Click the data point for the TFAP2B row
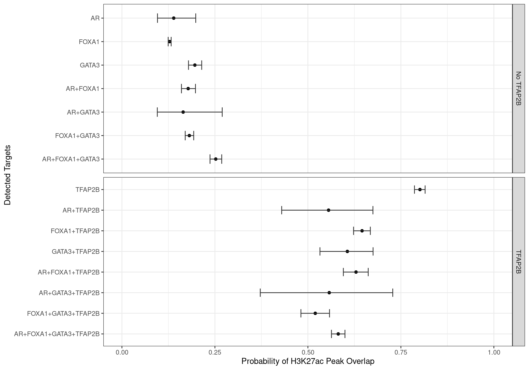420,189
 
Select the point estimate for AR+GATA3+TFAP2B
329,293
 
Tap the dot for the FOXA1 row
170,42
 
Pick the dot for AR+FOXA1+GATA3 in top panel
216,159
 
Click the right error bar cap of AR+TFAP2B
373,210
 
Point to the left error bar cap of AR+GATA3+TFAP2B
260,293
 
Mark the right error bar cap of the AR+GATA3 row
222,112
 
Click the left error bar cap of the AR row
157,18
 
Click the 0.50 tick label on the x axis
308,353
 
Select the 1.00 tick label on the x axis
494,353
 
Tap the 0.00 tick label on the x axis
122,353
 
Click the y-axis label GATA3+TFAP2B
75,251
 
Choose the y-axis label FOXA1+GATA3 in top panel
77,136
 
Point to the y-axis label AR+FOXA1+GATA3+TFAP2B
57,334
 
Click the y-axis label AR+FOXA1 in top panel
83,89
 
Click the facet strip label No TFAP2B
518,89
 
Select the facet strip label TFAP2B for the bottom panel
518,262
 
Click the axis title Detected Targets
8,175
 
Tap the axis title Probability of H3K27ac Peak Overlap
308,361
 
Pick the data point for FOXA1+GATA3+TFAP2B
315,313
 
